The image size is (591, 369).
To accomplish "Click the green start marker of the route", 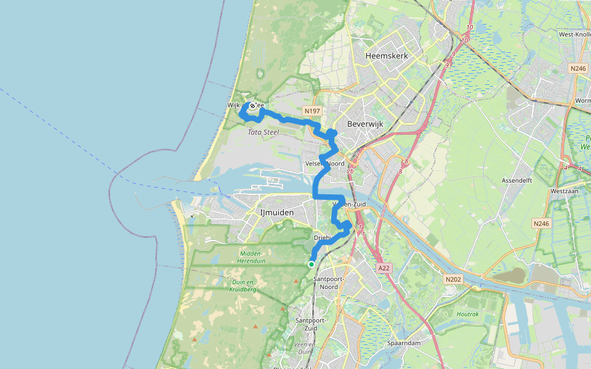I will [x=312, y=264].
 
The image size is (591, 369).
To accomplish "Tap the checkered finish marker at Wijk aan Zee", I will [x=252, y=106].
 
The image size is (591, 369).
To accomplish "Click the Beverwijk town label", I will [x=365, y=124].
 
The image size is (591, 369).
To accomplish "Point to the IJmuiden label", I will [x=273, y=213].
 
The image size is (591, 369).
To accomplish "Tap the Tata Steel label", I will [x=263, y=132].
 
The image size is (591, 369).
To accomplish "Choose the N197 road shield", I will [x=311, y=111].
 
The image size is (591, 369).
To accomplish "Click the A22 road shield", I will [x=384, y=268].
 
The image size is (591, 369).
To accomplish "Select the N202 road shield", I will [x=452, y=279].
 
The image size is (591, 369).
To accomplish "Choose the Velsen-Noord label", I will [x=325, y=164].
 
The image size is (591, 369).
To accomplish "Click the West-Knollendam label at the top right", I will [x=574, y=34].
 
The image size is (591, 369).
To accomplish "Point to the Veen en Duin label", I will [x=305, y=348].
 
